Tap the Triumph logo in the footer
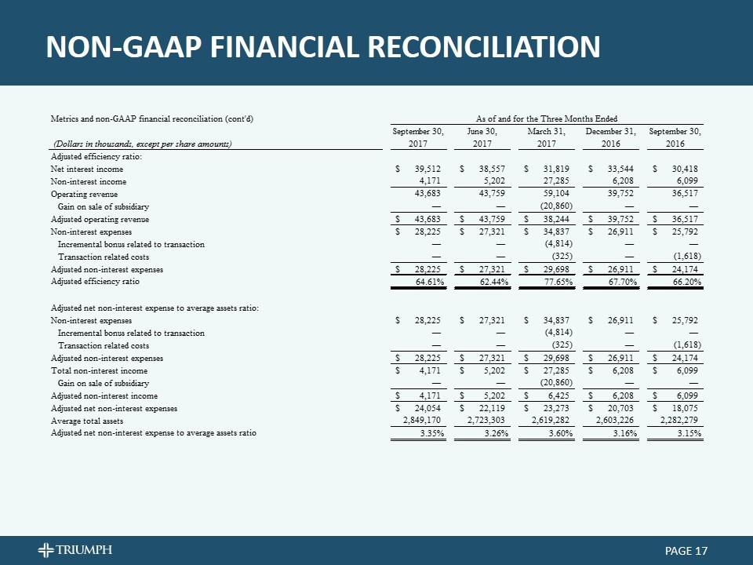tap(78, 549)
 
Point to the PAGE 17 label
tap(680, 551)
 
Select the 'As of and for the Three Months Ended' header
tap(547, 118)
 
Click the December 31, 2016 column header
tap(609, 137)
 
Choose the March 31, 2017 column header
tap(548, 137)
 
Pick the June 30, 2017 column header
tap(483, 137)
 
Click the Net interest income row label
tap(86, 169)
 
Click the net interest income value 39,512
tap(428, 169)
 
